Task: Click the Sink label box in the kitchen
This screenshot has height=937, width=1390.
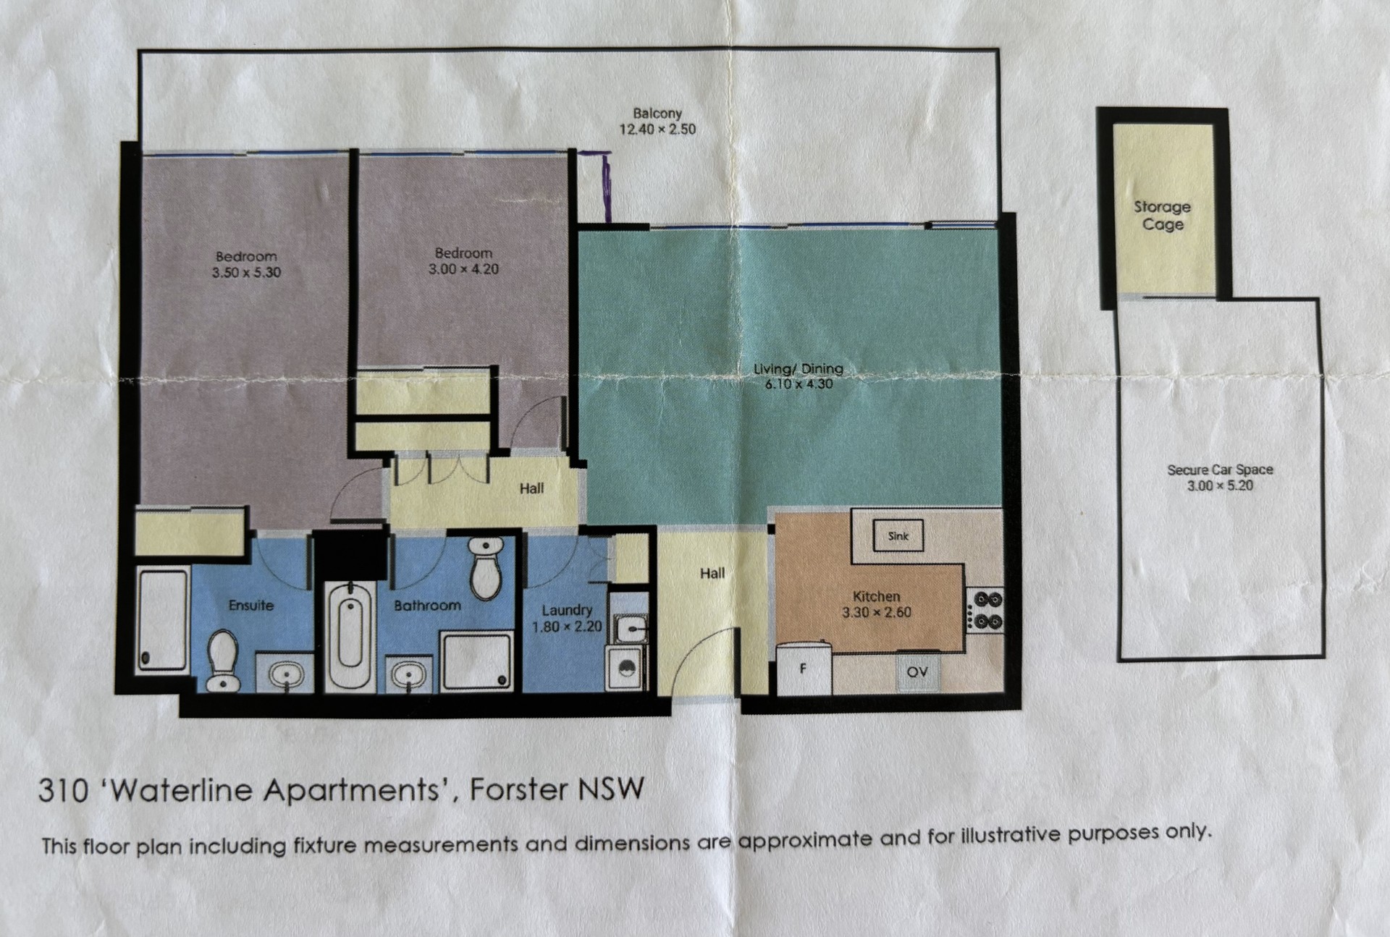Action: [x=898, y=535]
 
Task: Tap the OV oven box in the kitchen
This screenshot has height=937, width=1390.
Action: [x=917, y=671]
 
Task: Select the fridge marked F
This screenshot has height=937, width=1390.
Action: [x=804, y=668]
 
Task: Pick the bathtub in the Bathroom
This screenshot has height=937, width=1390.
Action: [x=350, y=635]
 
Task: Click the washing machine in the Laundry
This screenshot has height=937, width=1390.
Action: [x=625, y=667]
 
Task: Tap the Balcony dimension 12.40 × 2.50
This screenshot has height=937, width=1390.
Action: [x=657, y=130]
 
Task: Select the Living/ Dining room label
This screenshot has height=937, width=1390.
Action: [x=799, y=368]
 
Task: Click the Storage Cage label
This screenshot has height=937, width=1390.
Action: [x=1163, y=216]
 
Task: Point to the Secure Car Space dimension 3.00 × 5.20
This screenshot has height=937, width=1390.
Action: [x=1220, y=486]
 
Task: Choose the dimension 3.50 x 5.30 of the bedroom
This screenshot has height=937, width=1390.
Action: [x=246, y=273]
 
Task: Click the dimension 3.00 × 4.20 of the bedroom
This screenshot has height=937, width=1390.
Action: [x=463, y=269]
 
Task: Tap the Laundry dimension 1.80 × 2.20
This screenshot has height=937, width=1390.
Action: [x=567, y=627]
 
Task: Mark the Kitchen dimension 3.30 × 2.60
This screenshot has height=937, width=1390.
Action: [x=877, y=612]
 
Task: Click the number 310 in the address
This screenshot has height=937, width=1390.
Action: [x=63, y=790]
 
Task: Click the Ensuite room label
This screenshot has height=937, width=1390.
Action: [x=251, y=605]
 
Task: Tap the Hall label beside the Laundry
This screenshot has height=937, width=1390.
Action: [x=712, y=573]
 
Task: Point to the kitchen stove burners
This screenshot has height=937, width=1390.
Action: [x=987, y=610]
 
